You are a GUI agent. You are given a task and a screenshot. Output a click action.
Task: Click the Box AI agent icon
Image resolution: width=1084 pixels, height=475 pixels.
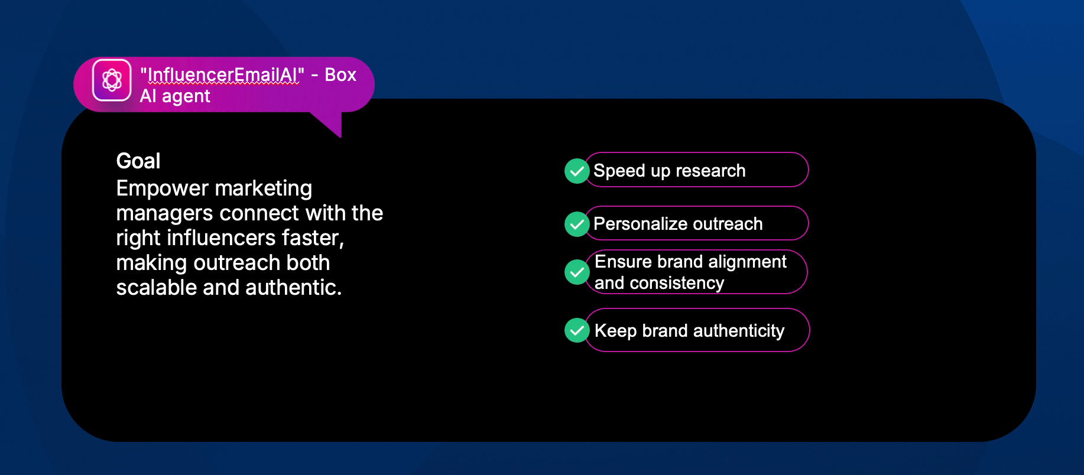(x=112, y=80)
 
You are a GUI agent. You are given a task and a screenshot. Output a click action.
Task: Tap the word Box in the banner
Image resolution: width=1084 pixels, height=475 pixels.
(x=340, y=75)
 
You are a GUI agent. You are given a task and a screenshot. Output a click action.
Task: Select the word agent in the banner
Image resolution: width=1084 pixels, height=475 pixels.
(x=186, y=96)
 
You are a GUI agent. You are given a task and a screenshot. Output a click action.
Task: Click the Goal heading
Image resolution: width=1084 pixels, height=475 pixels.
(x=138, y=161)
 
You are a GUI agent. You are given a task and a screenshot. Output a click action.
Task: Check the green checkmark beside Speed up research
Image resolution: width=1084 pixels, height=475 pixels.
(x=577, y=171)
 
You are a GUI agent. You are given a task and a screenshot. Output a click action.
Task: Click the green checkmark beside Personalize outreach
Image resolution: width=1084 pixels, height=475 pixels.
(x=577, y=225)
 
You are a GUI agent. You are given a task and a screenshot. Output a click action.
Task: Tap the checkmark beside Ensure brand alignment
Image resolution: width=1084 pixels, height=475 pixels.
(x=577, y=272)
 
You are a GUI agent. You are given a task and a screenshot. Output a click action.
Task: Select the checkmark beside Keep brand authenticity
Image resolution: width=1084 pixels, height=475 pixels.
(x=577, y=330)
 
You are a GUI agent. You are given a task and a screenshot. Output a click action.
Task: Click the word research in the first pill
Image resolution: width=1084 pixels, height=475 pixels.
(x=710, y=171)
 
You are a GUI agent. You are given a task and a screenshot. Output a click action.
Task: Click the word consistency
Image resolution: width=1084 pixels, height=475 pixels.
(x=677, y=283)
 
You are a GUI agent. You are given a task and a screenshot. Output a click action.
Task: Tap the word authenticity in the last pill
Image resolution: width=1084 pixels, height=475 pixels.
(x=739, y=331)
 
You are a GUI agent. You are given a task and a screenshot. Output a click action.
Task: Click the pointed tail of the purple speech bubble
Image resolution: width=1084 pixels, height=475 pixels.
(x=340, y=136)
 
